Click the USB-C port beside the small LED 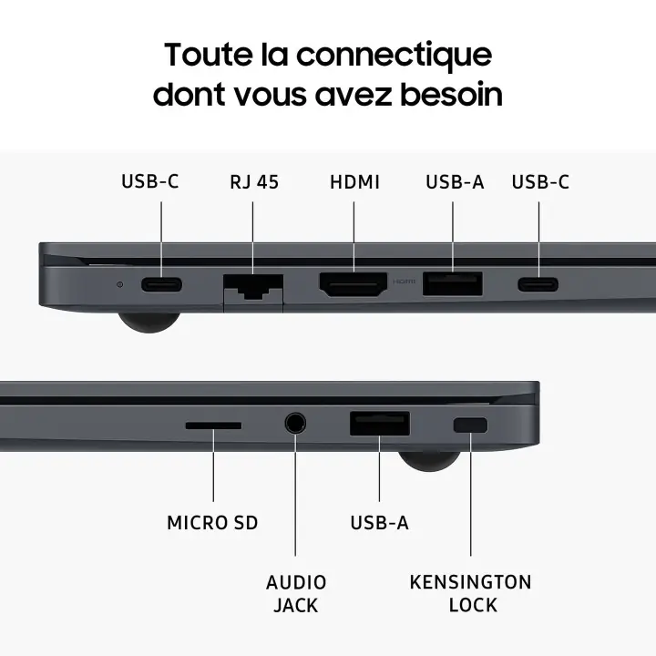coord(161,284)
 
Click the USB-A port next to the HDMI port coord(452,284)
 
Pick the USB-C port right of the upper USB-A coord(538,284)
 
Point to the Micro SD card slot coord(214,425)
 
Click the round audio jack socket coord(295,424)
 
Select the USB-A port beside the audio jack coord(379,425)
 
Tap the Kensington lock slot coord(470,425)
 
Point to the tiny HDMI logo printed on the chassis coord(404,282)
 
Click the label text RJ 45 coord(254,181)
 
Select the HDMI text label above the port coord(354,181)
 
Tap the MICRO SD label coord(212,523)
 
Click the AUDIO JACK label coord(296,593)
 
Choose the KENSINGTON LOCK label coord(470,593)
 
